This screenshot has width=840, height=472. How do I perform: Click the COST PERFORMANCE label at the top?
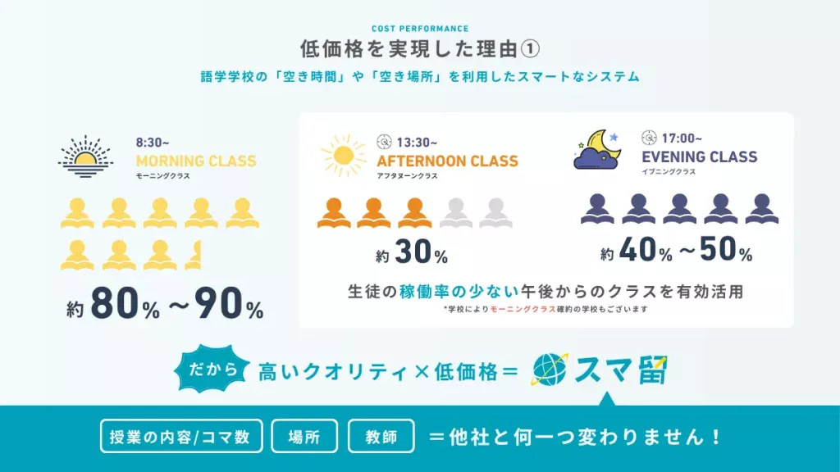pyautogui.click(x=420, y=29)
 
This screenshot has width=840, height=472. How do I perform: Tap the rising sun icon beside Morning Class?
pyautogui.click(x=85, y=157)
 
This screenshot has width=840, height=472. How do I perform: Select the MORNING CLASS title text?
pyautogui.click(x=196, y=161)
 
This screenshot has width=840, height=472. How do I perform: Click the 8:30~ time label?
pyautogui.click(x=152, y=143)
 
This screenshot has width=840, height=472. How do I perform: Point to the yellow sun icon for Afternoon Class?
pyautogui.click(x=344, y=156)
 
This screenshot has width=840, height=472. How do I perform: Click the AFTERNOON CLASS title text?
pyautogui.click(x=447, y=161)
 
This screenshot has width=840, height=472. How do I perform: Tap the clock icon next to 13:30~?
pyautogui.click(x=384, y=142)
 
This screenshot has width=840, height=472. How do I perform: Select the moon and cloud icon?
pyautogui.click(x=597, y=150)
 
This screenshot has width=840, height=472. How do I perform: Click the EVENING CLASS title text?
pyautogui.click(x=699, y=157)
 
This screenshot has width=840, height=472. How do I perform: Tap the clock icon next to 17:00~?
pyautogui.click(x=649, y=138)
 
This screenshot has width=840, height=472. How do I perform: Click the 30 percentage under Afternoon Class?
pyautogui.click(x=413, y=252)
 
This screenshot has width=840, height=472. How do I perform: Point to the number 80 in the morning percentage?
pyautogui.click(x=115, y=303)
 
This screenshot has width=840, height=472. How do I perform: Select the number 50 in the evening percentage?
pyautogui.click(x=718, y=249)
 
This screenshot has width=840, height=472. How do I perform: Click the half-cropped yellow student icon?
pyautogui.click(x=194, y=255)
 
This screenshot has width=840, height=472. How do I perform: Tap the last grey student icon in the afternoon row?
pyautogui.click(x=496, y=213)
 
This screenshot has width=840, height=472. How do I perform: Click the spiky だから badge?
pyautogui.click(x=212, y=370)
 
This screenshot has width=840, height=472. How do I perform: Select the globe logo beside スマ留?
pyautogui.click(x=550, y=370)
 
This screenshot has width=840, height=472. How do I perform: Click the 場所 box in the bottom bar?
pyautogui.click(x=304, y=436)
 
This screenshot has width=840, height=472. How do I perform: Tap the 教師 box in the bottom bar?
pyautogui.click(x=381, y=436)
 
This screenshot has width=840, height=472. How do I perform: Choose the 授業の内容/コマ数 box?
pyautogui.click(x=181, y=436)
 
